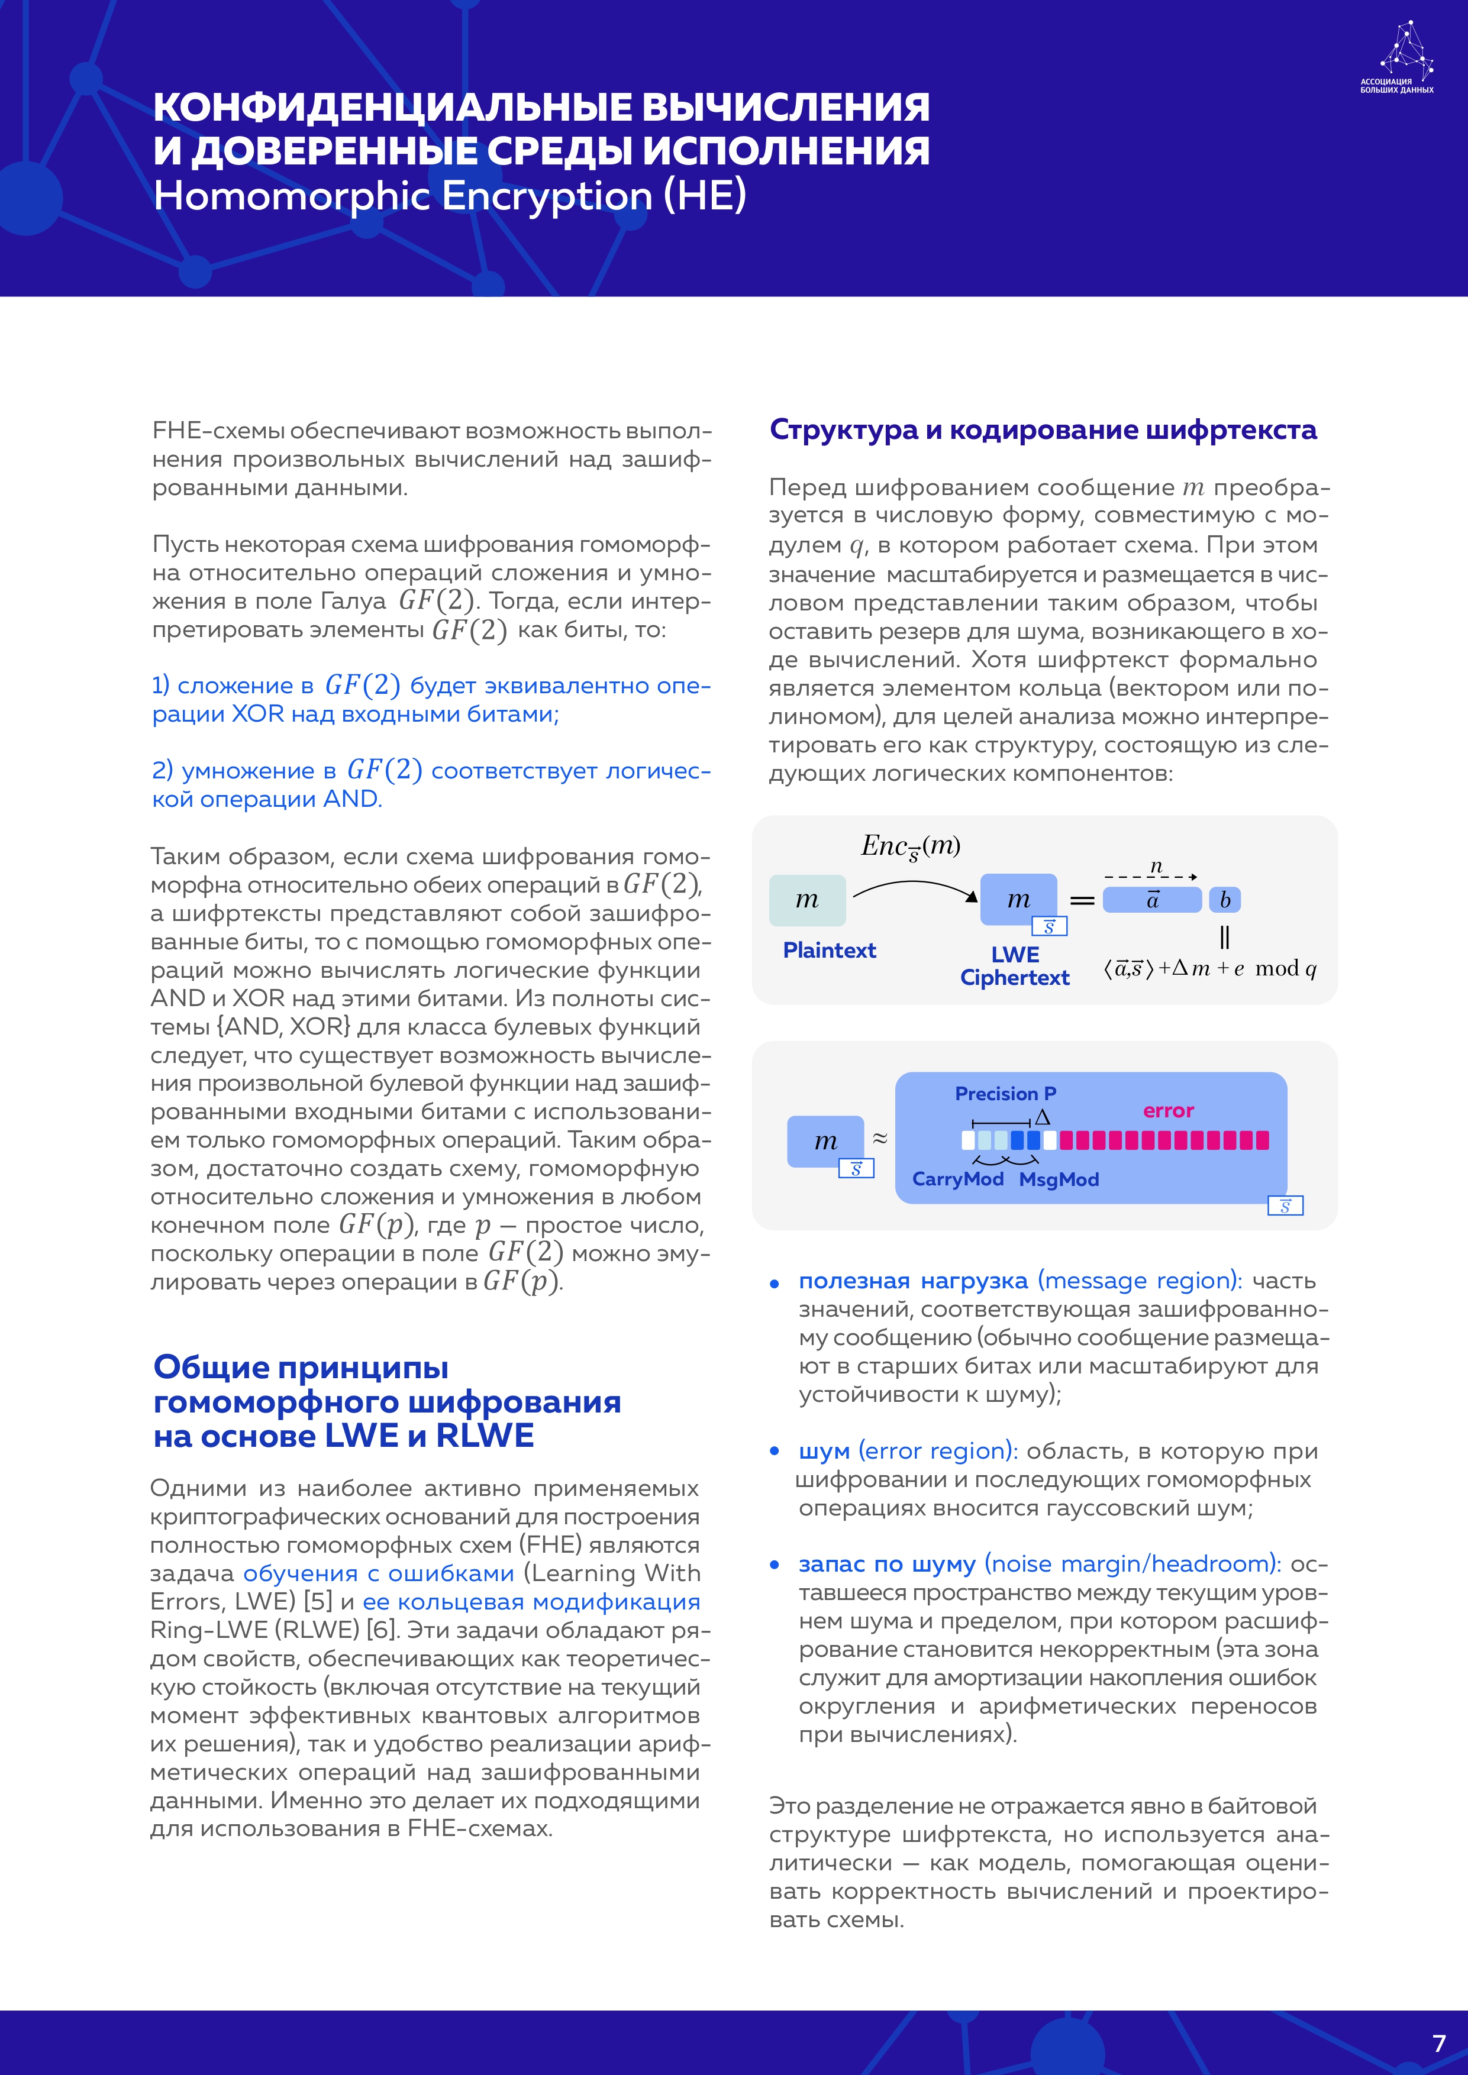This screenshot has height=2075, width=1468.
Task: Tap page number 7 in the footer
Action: [1439, 2042]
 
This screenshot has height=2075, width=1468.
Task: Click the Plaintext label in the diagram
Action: [829, 950]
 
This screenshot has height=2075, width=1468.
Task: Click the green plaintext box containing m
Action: [807, 900]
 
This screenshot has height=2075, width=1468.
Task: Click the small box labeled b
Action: [1225, 900]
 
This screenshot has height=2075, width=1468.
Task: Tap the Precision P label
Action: [1005, 1094]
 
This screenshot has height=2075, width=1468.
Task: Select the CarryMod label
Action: [957, 1179]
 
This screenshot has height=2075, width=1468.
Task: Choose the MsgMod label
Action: [1059, 1179]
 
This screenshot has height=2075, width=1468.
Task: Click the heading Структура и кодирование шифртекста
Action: [1042, 430]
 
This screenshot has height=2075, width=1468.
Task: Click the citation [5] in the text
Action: [318, 1601]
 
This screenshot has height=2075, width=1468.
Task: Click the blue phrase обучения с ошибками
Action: [379, 1573]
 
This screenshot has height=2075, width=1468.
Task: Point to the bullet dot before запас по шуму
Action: [775, 1565]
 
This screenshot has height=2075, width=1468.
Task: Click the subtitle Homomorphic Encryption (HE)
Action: [449, 196]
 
